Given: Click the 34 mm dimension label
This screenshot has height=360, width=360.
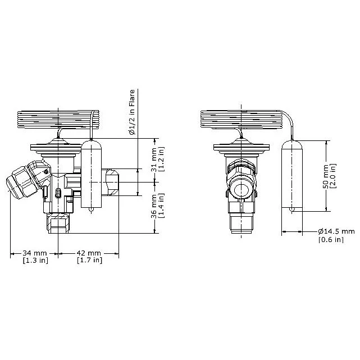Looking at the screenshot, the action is coord(34,253).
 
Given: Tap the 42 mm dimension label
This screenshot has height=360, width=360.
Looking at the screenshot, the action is coord(89,253).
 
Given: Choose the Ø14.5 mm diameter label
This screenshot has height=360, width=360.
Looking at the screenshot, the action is coord(336,231).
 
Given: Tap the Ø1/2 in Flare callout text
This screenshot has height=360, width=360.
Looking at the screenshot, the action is coord(132,112).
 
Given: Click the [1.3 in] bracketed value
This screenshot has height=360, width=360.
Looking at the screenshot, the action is coord(35,261).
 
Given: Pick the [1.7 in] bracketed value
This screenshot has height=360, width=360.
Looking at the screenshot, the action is coord(89,261).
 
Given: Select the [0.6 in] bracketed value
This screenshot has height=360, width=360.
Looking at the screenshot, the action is coord(331,240).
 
